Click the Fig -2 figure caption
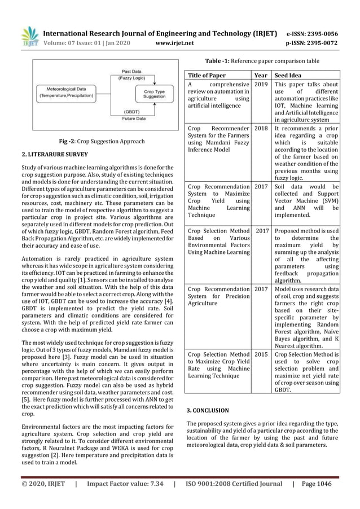point(103,141)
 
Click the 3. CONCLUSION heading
point(208,410)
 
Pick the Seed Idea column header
point(287,75)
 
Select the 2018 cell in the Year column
point(261,129)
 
